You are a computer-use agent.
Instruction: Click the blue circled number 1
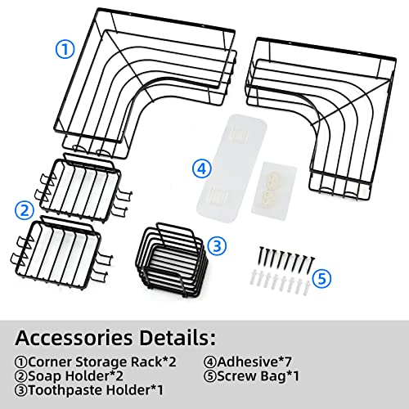65,49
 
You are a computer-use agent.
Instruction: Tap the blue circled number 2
25,210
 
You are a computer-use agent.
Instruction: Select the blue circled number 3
217,246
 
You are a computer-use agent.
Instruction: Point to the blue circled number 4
202,169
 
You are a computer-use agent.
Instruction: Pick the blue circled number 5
321,279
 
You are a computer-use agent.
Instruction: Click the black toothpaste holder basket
172,260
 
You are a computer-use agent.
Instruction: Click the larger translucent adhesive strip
231,169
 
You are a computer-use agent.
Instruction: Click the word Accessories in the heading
74,338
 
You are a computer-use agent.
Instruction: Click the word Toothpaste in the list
65,390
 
